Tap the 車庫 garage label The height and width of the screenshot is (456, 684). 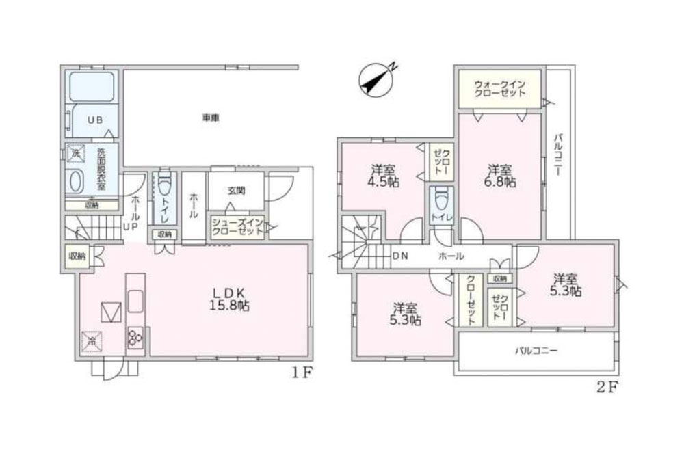[210, 118]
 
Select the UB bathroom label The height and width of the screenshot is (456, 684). [94, 118]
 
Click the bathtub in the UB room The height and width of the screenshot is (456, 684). [92, 87]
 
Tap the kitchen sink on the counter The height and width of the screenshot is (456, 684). [135, 301]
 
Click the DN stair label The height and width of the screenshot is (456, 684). [402, 256]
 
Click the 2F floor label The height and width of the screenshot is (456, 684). [607, 387]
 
